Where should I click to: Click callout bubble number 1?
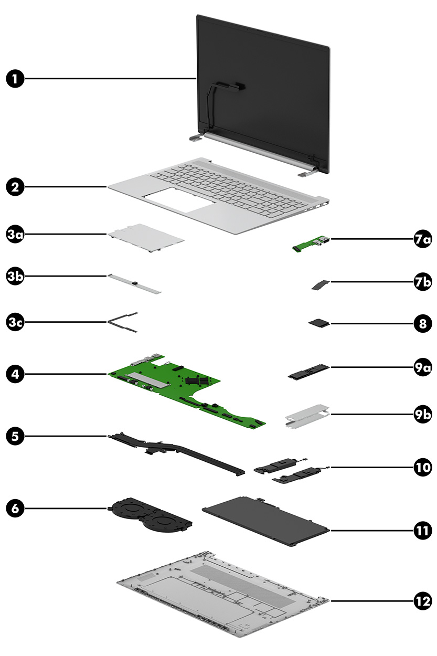(16, 79)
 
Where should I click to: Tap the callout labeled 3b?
(16, 276)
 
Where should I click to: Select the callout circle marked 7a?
(421, 240)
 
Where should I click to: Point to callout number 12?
(421, 601)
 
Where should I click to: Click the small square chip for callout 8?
(317, 324)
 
